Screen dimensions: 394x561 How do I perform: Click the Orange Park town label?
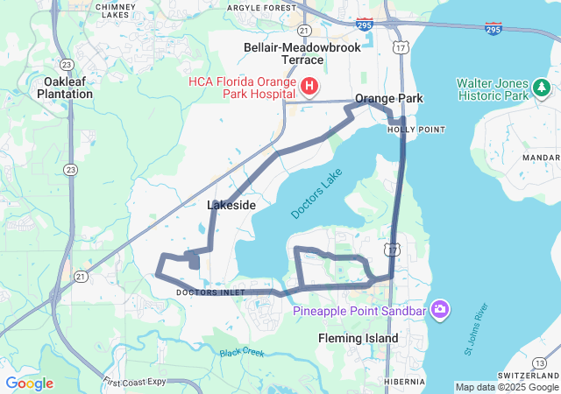[x=388, y=98]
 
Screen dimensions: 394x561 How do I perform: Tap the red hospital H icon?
[x=309, y=86]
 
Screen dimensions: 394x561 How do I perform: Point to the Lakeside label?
[x=231, y=205]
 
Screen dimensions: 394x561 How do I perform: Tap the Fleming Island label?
[x=358, y=338]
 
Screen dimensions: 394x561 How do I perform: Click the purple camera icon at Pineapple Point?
[x=440, y=310]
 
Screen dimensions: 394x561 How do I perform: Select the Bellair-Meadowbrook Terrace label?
[x=303, y=53]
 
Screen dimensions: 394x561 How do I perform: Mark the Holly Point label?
[x=416, y=129]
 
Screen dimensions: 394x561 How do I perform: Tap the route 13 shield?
[x=537, y=362]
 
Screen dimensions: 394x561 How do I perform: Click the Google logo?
[x=29, y=383]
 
